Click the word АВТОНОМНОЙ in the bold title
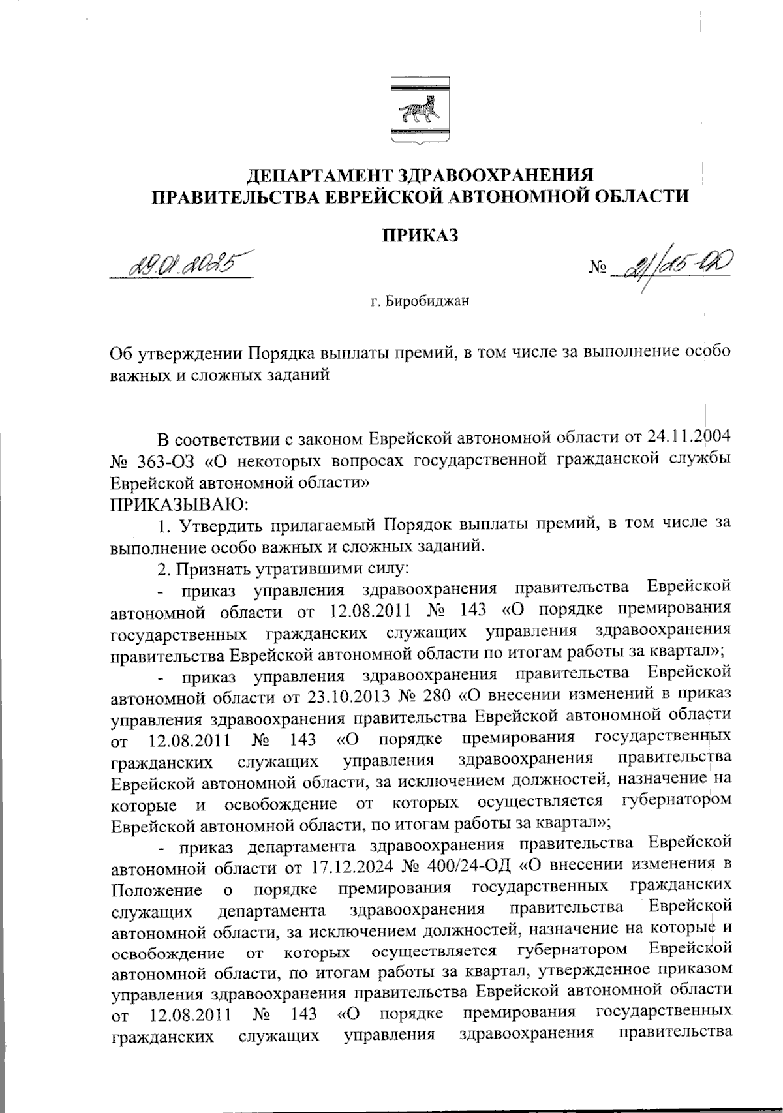[x=502, y=196]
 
